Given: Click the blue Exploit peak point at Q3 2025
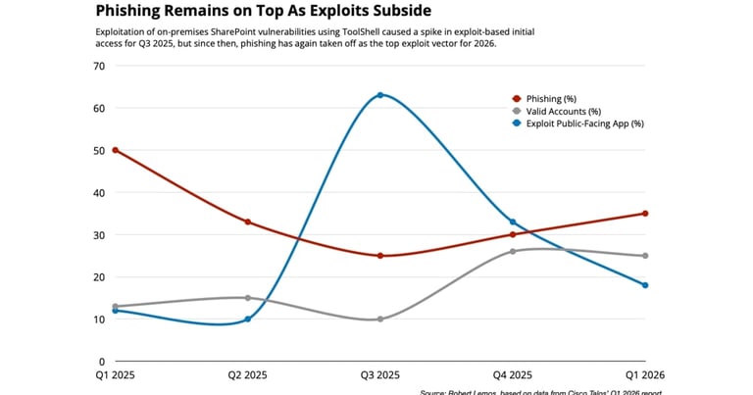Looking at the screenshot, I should click(380, 95).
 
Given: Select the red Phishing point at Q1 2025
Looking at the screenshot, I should click(116, 150).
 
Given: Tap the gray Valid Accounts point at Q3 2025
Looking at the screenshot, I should click(380, 319).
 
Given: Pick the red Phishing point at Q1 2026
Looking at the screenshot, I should click(645, 214).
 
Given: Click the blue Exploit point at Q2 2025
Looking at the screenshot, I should click(248, 319).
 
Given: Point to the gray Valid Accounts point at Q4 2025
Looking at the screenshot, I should click(513, 251).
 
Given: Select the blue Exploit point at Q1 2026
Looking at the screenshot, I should click(645, 285).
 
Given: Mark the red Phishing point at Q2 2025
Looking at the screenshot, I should click(248, 222).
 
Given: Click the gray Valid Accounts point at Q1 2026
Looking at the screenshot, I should click(645, 256).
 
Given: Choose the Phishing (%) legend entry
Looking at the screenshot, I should click(549, 98).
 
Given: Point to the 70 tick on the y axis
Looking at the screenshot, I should click(98, 66).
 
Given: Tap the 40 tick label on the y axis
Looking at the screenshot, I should click(98, 192).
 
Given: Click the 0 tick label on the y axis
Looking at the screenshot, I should click(101, 361).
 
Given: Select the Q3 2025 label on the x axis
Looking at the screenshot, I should click(380, 374).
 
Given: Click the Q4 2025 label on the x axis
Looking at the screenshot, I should click(513, 374).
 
